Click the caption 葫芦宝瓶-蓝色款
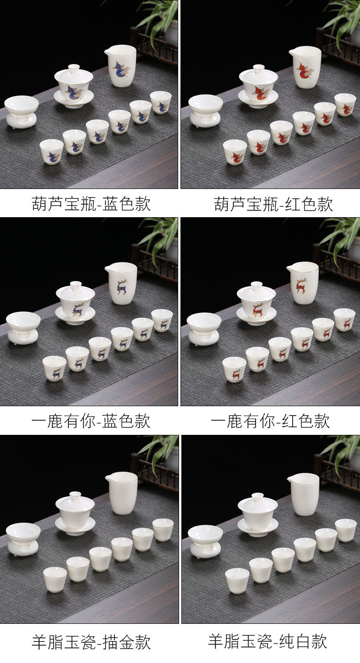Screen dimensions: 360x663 (x=91, y=204)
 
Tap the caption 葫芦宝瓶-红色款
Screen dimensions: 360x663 (x=273, y=204)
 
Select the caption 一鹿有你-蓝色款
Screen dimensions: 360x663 (x=91, y=421)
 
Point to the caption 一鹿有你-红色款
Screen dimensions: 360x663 (x=270, y=421)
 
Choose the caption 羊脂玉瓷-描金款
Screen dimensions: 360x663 (x=91, y=642)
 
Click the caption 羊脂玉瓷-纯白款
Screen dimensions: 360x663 (x=267, y=642)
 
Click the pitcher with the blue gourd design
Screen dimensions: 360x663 (x=121, y=66)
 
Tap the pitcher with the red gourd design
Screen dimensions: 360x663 (x=305, y=67)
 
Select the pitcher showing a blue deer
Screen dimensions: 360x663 (x=121, y=283)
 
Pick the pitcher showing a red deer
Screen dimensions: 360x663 (x=303, y=283)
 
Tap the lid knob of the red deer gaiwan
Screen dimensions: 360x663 (x=257, y=285)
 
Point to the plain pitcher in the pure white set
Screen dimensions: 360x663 (x=303, y=495)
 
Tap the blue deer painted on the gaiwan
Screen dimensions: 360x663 (x=77, y=310)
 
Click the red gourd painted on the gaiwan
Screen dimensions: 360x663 (x=259, y=92)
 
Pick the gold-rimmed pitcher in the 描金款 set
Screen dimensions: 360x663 (x=122, y=493)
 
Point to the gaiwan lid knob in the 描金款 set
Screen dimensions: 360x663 (x=75, y=495)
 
